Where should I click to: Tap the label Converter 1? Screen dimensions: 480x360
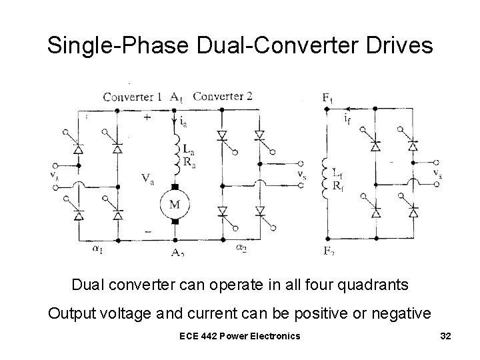[x=132, y=97]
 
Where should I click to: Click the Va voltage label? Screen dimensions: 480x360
[x=148, y=178]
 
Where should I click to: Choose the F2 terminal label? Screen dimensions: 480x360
[x=328, y=251]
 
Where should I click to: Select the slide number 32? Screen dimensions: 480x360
[x=446, y=335]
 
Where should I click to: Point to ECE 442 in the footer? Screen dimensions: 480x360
[x=201, y=335]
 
